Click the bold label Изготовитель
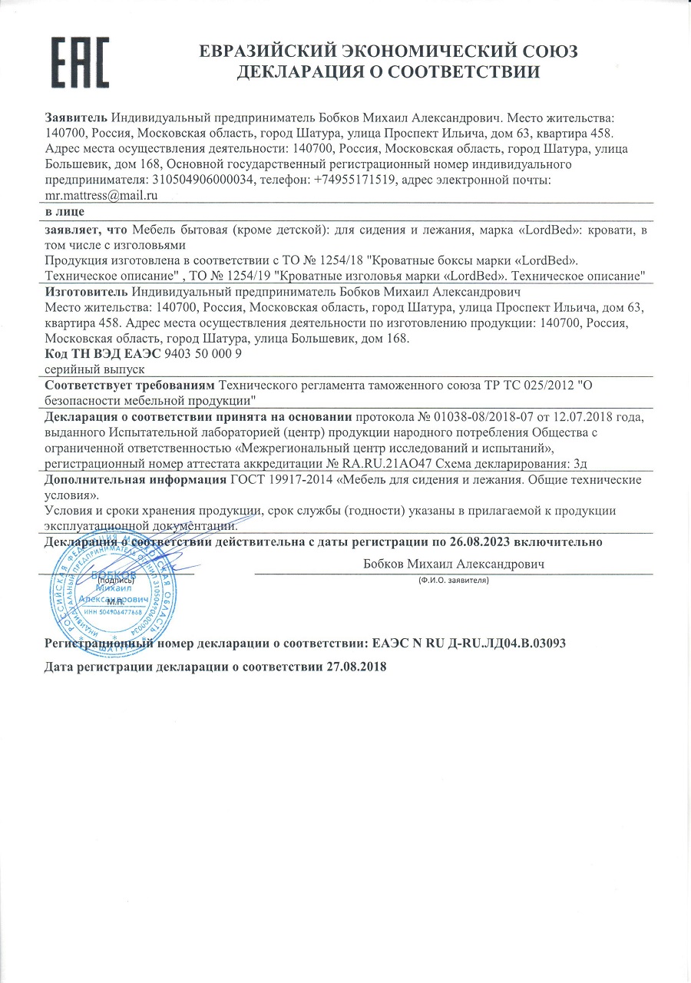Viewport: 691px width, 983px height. pos(87,293)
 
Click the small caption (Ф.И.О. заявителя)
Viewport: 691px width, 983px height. pos(454,580)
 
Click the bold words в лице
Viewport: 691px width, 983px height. pos(65,211)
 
